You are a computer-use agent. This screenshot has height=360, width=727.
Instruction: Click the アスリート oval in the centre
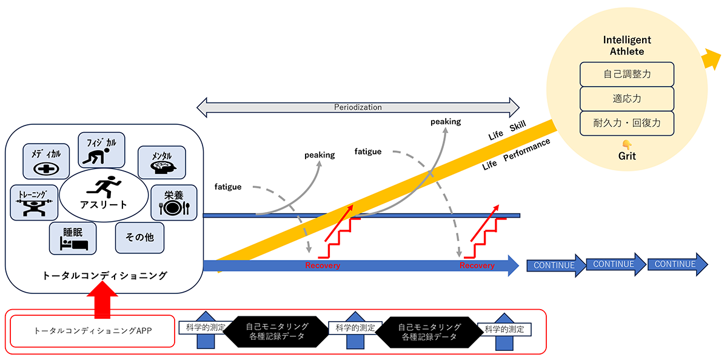point(104,195)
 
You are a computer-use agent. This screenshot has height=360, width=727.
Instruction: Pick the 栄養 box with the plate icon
point(173,202)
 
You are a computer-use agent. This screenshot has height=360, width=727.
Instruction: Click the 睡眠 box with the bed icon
point(73,238)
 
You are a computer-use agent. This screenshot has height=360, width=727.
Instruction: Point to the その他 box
point(140,237)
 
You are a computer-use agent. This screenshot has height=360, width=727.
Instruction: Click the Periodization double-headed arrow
point(358,107)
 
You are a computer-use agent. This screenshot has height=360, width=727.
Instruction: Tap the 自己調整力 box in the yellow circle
point(626,74)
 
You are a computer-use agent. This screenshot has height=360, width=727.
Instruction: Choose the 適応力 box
point(626,98)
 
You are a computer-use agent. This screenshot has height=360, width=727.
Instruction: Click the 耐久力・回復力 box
point(626,123)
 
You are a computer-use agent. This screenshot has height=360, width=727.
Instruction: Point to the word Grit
point(627,156)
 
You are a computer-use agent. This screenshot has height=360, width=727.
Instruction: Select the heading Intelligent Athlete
point(627,45)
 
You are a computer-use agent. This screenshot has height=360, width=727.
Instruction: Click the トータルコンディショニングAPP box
point(92,330)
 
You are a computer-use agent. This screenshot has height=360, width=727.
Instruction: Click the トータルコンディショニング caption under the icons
point(104,275)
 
